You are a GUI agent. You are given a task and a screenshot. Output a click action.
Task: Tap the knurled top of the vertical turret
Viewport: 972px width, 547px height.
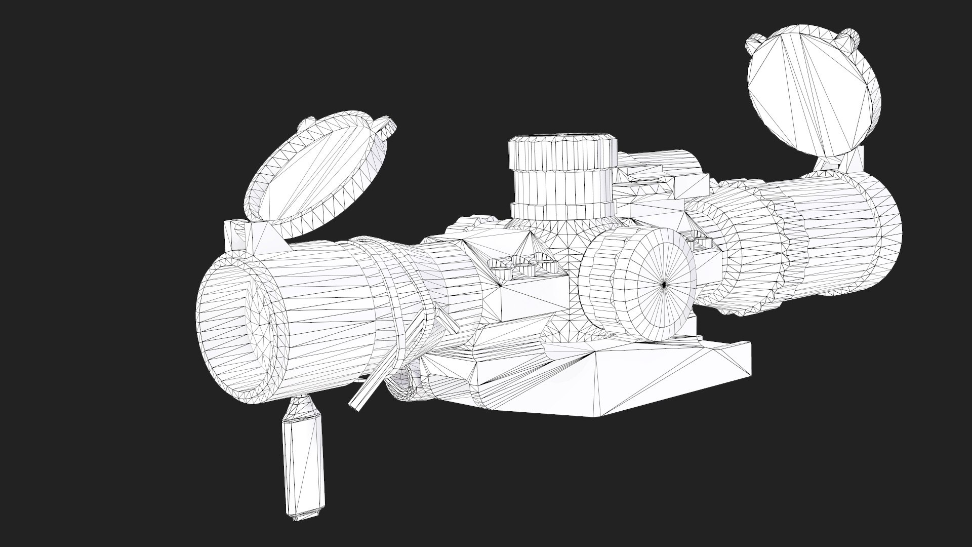click(562, 152)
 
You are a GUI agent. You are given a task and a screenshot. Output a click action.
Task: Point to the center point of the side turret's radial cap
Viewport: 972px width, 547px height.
click(664, 285)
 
